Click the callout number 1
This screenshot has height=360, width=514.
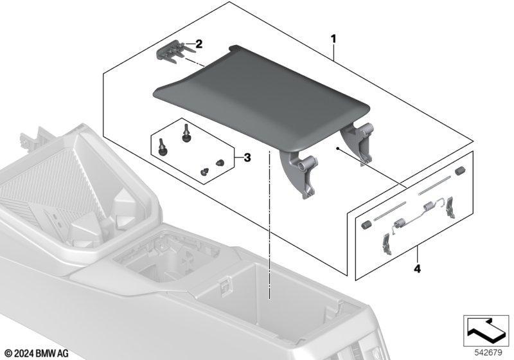333,39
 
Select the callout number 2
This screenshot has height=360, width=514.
199,44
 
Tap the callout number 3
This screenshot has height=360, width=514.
247,157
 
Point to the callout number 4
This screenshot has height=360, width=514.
417,269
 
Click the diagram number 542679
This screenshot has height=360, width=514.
488,353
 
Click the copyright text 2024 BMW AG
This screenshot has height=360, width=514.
37,354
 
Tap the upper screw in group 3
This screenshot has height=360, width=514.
186,134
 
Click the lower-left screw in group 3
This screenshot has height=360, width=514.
163,147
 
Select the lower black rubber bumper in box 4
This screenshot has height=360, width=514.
365,225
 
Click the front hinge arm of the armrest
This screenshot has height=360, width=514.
299,174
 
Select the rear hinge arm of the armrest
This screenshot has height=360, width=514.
359,141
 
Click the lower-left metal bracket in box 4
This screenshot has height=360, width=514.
387,243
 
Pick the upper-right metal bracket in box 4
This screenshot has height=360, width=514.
450,207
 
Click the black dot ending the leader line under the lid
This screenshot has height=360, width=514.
337,148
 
